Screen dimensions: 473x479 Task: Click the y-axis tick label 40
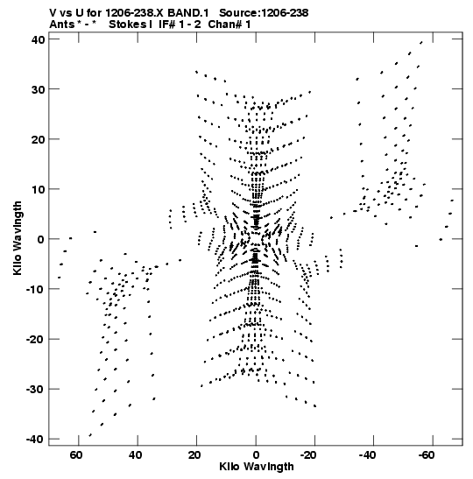38,39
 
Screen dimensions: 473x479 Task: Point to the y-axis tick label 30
38,89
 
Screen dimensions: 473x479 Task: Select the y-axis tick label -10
35,289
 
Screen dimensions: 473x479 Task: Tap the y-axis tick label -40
35,440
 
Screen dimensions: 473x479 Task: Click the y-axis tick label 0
41,239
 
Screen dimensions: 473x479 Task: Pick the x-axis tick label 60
76,455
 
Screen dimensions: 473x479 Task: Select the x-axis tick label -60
426,455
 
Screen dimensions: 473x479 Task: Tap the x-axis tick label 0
256,455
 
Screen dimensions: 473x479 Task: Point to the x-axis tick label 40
135,455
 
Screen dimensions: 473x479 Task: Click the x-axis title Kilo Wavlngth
257,467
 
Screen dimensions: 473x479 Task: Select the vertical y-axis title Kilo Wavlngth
18,238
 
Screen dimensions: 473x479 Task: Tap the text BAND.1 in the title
188,13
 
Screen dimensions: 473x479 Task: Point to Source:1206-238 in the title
264,13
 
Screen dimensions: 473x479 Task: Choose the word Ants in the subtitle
61,25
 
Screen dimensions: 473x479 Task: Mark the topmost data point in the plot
421,43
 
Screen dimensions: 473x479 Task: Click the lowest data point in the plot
90,435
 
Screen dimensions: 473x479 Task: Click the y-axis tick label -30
35,390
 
